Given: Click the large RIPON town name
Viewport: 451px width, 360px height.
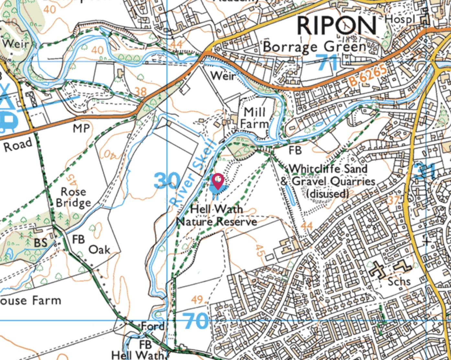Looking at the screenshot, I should click(336, 26).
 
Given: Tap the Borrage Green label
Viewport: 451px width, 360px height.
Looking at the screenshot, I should click(314, 47).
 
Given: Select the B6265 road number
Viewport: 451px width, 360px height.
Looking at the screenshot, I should click(368, 76).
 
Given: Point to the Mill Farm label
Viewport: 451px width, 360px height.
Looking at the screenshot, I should click(255, 118).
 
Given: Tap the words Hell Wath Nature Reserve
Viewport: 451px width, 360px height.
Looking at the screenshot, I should click(216, 215).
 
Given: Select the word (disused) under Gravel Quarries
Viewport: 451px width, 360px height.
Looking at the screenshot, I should click(327, 194).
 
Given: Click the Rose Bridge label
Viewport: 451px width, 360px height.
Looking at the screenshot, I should click(73, 197).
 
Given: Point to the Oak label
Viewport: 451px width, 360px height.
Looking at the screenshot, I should click(99, 250).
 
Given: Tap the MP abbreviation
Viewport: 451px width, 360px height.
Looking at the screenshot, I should click(81, 129).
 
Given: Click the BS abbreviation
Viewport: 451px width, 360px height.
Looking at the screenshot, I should click(40, 243).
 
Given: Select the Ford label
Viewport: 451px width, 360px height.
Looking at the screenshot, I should click(153, 326).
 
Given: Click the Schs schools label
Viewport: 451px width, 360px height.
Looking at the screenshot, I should click(399, 281).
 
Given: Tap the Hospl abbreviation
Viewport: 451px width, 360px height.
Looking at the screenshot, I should click(400, 19).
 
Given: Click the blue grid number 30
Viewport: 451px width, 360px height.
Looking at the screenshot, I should click(167, 181).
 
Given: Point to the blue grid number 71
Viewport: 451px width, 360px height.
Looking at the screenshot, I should click(327, 62).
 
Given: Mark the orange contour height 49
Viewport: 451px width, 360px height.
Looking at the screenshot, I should click(197, 300).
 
